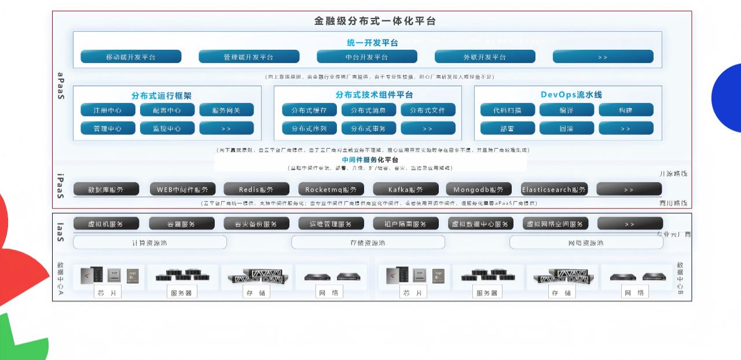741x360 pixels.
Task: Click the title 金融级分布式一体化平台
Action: pos(375,21)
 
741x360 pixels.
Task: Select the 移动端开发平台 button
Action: pos(131,57)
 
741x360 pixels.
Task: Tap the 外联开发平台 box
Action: pos(485,57)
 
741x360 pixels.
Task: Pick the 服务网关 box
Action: pos(226,110)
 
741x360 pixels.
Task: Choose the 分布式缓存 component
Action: pos(309,110)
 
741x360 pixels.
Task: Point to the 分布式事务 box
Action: pos(368,128)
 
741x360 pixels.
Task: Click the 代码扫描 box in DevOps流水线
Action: pos(508,110)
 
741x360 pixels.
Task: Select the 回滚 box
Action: pos(567,128)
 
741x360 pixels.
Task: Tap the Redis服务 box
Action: pos(256,189)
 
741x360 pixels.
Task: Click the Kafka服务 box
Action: pos(406,189)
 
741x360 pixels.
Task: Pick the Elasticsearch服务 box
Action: pos(554,189)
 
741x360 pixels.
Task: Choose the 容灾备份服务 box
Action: pos(256,224)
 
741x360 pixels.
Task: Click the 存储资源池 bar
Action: pos(368,243)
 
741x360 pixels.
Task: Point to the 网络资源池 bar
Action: pos(586,243)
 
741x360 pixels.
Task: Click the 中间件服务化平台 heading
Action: pos(370,160)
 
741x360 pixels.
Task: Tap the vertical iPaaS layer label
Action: pos(60,185)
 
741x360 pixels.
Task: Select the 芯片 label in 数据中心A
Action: pos(108,293)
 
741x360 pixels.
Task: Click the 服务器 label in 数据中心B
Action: pos(487,293)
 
